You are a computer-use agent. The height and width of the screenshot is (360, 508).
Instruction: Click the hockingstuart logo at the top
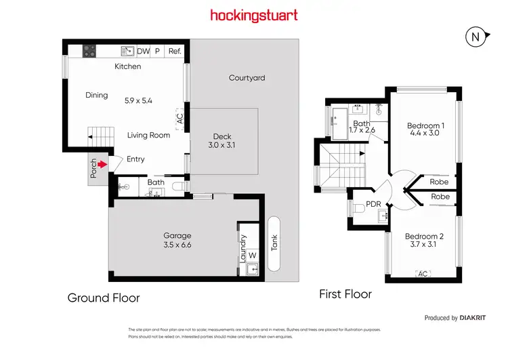[x=253, y=15]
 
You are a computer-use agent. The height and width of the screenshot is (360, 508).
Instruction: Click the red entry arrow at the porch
[x=102, y=163]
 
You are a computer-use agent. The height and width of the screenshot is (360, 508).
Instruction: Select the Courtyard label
[x=247, y=78]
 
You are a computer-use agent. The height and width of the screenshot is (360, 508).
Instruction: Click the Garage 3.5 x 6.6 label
[x=177, y=239]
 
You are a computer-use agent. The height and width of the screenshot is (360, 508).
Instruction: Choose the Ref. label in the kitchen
[x=175, y=51]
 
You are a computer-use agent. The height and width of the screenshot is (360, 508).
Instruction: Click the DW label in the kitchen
[x=144, y=51]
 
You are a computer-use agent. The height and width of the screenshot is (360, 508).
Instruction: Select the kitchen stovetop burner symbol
[x=88, y=51]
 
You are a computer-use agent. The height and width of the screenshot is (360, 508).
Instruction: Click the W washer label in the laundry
[x=252, y=255]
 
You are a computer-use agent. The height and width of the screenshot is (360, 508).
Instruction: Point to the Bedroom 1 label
[x=425, y=129]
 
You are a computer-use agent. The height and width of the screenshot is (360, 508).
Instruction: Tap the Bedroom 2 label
[x=424, y=241]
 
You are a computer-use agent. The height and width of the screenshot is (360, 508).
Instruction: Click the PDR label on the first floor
[x=373, y=203]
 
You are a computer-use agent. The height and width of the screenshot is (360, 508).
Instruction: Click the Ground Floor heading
[x=103, y=297]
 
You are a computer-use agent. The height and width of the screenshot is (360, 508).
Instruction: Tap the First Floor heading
[x=345, y=294]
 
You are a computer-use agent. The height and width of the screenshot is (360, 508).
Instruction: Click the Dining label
[x=97, y=95]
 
